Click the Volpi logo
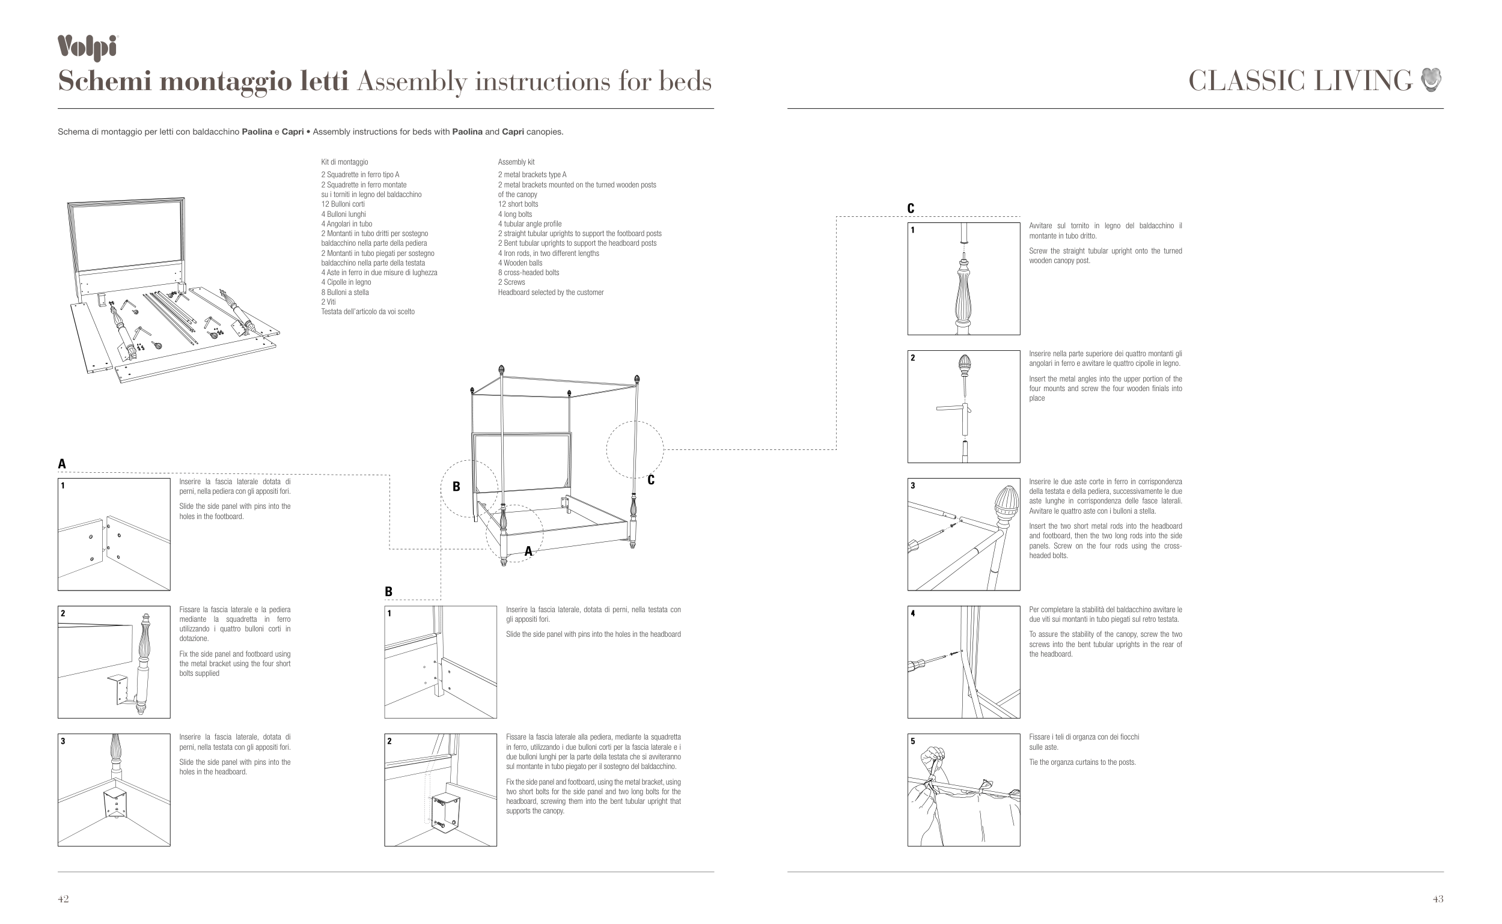coord(87,48)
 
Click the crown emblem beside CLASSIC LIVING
coord(1431,80)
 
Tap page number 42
coord(63,898)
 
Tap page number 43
coord(1438,898)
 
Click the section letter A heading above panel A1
coord(62,464)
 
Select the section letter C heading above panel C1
coord(911,208)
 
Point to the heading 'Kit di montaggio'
coord(345,162)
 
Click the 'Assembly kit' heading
coord(516,162)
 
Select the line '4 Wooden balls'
coord(521,263)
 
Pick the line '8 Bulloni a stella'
coord(345,292)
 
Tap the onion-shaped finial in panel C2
coord(965,365)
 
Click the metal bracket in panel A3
coord(115,802)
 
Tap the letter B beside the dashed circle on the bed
coord(456,487)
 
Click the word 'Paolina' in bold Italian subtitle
coord(257,132)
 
